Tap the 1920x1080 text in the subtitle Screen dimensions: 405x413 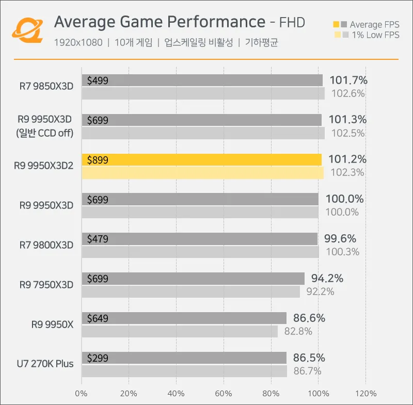pos(78,43)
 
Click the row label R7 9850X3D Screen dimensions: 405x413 pos(47,86)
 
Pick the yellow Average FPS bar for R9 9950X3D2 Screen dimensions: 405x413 pos(201,159)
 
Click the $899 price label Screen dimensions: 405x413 pos(98,160)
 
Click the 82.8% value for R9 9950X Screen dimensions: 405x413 pos(298,331)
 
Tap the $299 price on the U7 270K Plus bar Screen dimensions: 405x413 pos(98,358)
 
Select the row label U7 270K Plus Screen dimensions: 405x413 pos(45,364)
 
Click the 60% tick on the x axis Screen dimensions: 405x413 pos(224,394)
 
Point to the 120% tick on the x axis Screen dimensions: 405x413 pos(366,394)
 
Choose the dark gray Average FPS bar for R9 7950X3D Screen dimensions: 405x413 pos(193,279)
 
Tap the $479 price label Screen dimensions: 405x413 pos(98,239)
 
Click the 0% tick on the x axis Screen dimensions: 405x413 pos(82,394)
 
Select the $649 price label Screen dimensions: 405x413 pos(98,318)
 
